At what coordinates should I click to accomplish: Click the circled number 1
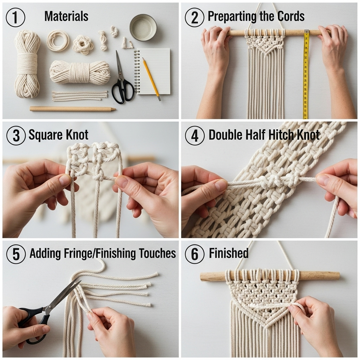point(15,17)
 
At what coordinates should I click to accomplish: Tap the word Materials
point(66,16)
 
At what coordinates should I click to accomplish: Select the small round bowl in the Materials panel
point(143,27)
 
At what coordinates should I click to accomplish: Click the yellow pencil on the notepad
point(151,79)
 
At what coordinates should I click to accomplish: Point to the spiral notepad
point(153,71)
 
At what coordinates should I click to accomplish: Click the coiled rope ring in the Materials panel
point(58,40)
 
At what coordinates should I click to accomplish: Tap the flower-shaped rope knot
point(83,45)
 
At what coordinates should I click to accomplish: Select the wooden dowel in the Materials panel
point(73,109)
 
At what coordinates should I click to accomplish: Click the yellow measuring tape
point(306,74)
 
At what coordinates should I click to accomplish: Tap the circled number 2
point(194,17)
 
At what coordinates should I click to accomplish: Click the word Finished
point(229,253)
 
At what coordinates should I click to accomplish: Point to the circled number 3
point(16,135)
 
